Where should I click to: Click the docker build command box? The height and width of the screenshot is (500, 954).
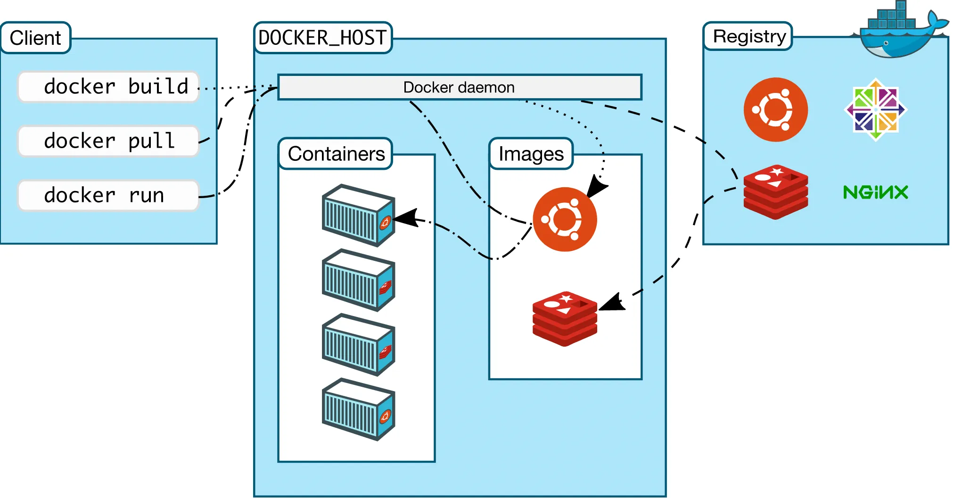pos(108,87)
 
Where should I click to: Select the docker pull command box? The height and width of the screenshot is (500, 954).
pos(108,141)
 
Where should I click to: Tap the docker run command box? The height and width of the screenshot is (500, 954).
pos(108,195)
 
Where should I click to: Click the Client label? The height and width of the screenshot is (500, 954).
pos(35,38)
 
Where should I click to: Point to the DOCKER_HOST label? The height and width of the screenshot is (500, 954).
pos(323,38)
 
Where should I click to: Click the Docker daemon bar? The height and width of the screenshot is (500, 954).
pos(460,87)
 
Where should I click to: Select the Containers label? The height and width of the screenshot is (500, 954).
pos(336,154)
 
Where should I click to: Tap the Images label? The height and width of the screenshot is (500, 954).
pos(531,154)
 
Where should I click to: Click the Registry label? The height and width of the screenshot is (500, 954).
pos(749,36)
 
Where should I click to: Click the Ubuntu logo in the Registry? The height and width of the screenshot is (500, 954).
pos(775,109)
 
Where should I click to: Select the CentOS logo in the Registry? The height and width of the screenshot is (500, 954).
pos(876,109)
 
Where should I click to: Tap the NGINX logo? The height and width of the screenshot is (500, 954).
pos(876,192)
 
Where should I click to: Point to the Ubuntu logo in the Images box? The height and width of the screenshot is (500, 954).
pos(565,219)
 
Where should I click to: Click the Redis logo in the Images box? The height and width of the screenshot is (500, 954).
pos(565,318)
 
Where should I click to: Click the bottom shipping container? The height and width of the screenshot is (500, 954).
pos(358,409)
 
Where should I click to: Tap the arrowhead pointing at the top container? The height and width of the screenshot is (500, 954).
pos(406,218)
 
